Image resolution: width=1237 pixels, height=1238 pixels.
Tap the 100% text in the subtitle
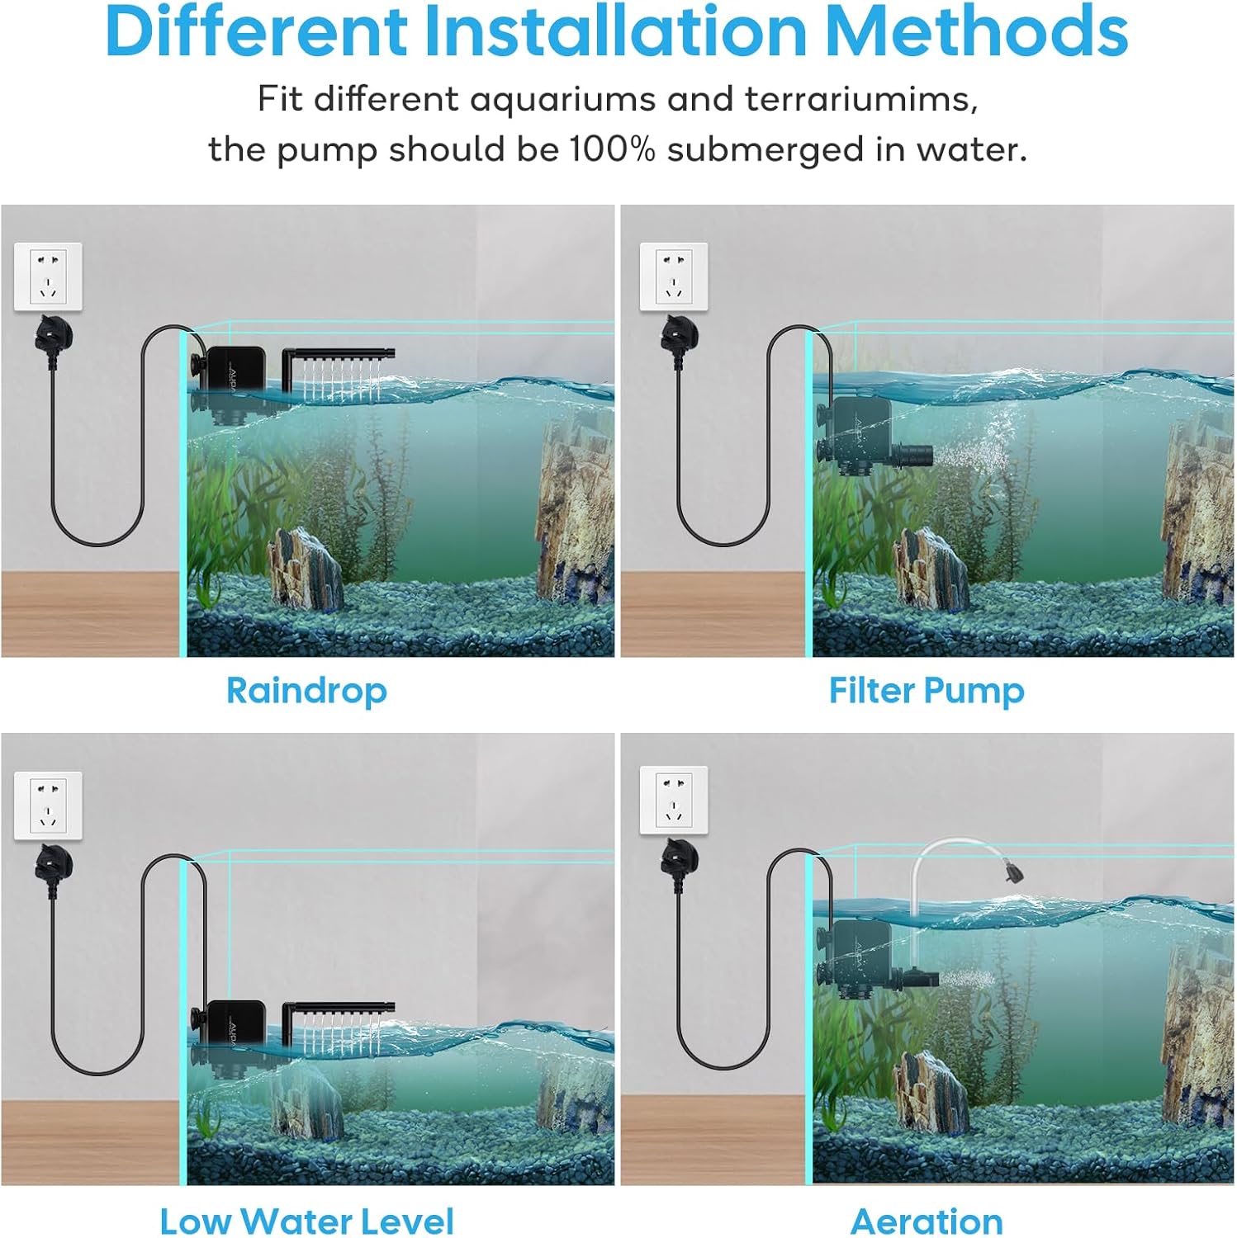point(612,149)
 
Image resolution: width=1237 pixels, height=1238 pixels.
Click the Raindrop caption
point(306,692)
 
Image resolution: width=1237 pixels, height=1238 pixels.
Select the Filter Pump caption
point(927,692)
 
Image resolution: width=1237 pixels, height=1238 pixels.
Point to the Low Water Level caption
point(306,1221)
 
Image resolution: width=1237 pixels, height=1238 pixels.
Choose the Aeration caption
point(927,1221)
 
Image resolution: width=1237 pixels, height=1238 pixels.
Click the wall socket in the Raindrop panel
point(48,277)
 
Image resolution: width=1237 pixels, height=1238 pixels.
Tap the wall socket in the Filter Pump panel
point(674,277)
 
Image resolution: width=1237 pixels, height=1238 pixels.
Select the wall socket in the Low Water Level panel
point(48,806)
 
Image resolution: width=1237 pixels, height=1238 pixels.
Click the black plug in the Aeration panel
point(679,861)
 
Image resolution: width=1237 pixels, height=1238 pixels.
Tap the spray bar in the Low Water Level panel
point(339,1011)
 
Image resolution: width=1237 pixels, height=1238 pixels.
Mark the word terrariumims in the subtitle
point(860,99)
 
